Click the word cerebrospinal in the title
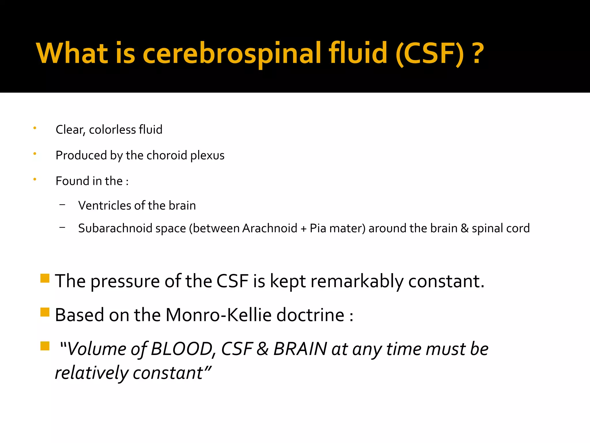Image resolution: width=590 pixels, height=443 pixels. [232, 53]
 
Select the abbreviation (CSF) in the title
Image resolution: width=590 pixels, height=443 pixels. [430, 53]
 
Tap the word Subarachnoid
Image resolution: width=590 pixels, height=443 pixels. [115, 228]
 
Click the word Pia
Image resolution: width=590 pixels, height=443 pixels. [318, 228]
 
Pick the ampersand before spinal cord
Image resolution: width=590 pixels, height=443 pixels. [464, 228]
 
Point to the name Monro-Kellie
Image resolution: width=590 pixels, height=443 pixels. [218, 315]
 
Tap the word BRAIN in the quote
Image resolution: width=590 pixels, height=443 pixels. [300, 349]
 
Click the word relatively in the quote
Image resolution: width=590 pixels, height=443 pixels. [92, 373]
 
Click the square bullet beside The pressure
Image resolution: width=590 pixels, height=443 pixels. [45, 278]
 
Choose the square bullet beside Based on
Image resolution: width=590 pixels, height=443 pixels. [45, 312]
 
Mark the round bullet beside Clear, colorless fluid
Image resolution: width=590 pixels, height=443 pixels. [35, 128]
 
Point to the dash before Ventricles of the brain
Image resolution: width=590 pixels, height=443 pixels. [62, 205]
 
